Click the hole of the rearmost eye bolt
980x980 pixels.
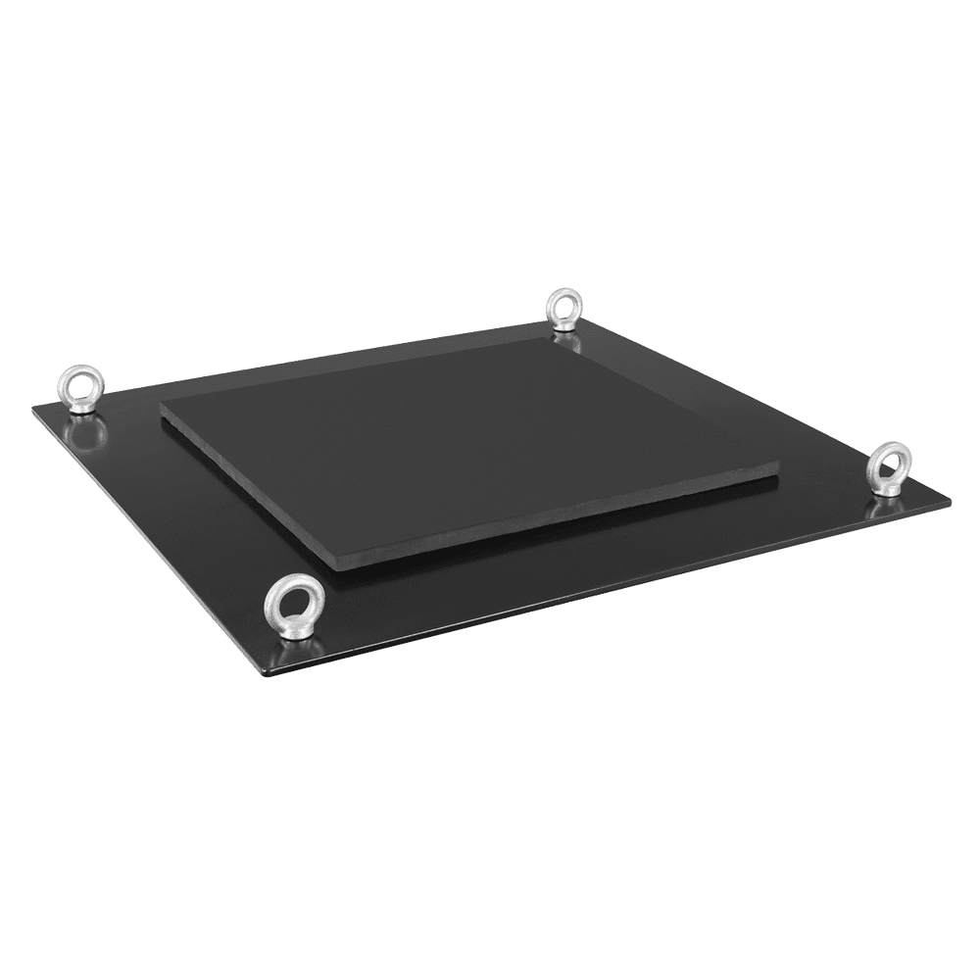pyautogui.click(x=563, y=309)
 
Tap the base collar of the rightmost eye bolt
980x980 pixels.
pyautogui.click(x=890, y=490)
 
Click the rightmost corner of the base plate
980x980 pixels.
pyautogui.click(x=950, y=499)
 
